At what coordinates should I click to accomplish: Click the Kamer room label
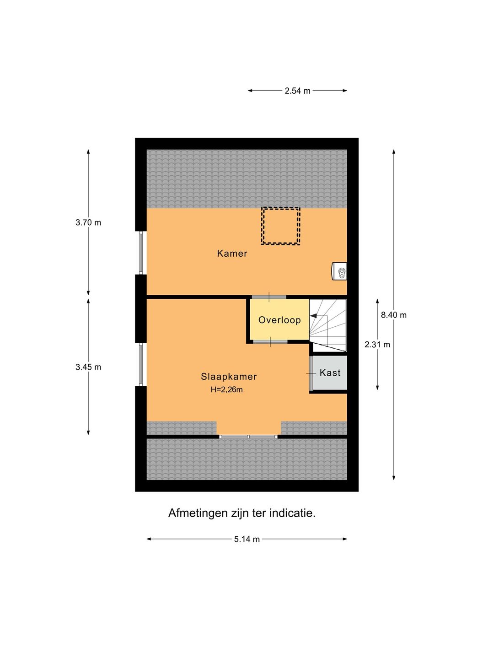[x=232, y=254]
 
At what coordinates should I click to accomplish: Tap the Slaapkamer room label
[x=229, y=377]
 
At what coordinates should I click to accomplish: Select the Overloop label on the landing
[x=279, y=320]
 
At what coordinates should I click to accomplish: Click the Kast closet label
[x=330, y=373]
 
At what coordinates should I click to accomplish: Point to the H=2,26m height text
[x=226, y=390]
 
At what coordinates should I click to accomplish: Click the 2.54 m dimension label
[x=297, y=91]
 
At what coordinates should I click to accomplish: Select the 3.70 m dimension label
[x=88, y=223]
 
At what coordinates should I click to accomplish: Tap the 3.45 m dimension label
[x=88, y=367]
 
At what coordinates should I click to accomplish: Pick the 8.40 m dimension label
[x=393, y=315]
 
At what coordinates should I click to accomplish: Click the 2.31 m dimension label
[x=377, y=345]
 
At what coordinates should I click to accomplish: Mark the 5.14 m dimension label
[x=247, y=539]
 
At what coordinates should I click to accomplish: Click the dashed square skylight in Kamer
[x=280, y=226]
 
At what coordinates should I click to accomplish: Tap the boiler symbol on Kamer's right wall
[x=340, y=271]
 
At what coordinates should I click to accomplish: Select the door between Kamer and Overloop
[x=269, y=297]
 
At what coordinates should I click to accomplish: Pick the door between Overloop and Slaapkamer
[x=270, y=342]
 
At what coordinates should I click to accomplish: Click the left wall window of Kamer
[x=141, y=253]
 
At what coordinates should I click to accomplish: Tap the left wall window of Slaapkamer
[x=141, y=364]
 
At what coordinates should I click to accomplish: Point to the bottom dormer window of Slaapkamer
[x=248, y=437]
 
